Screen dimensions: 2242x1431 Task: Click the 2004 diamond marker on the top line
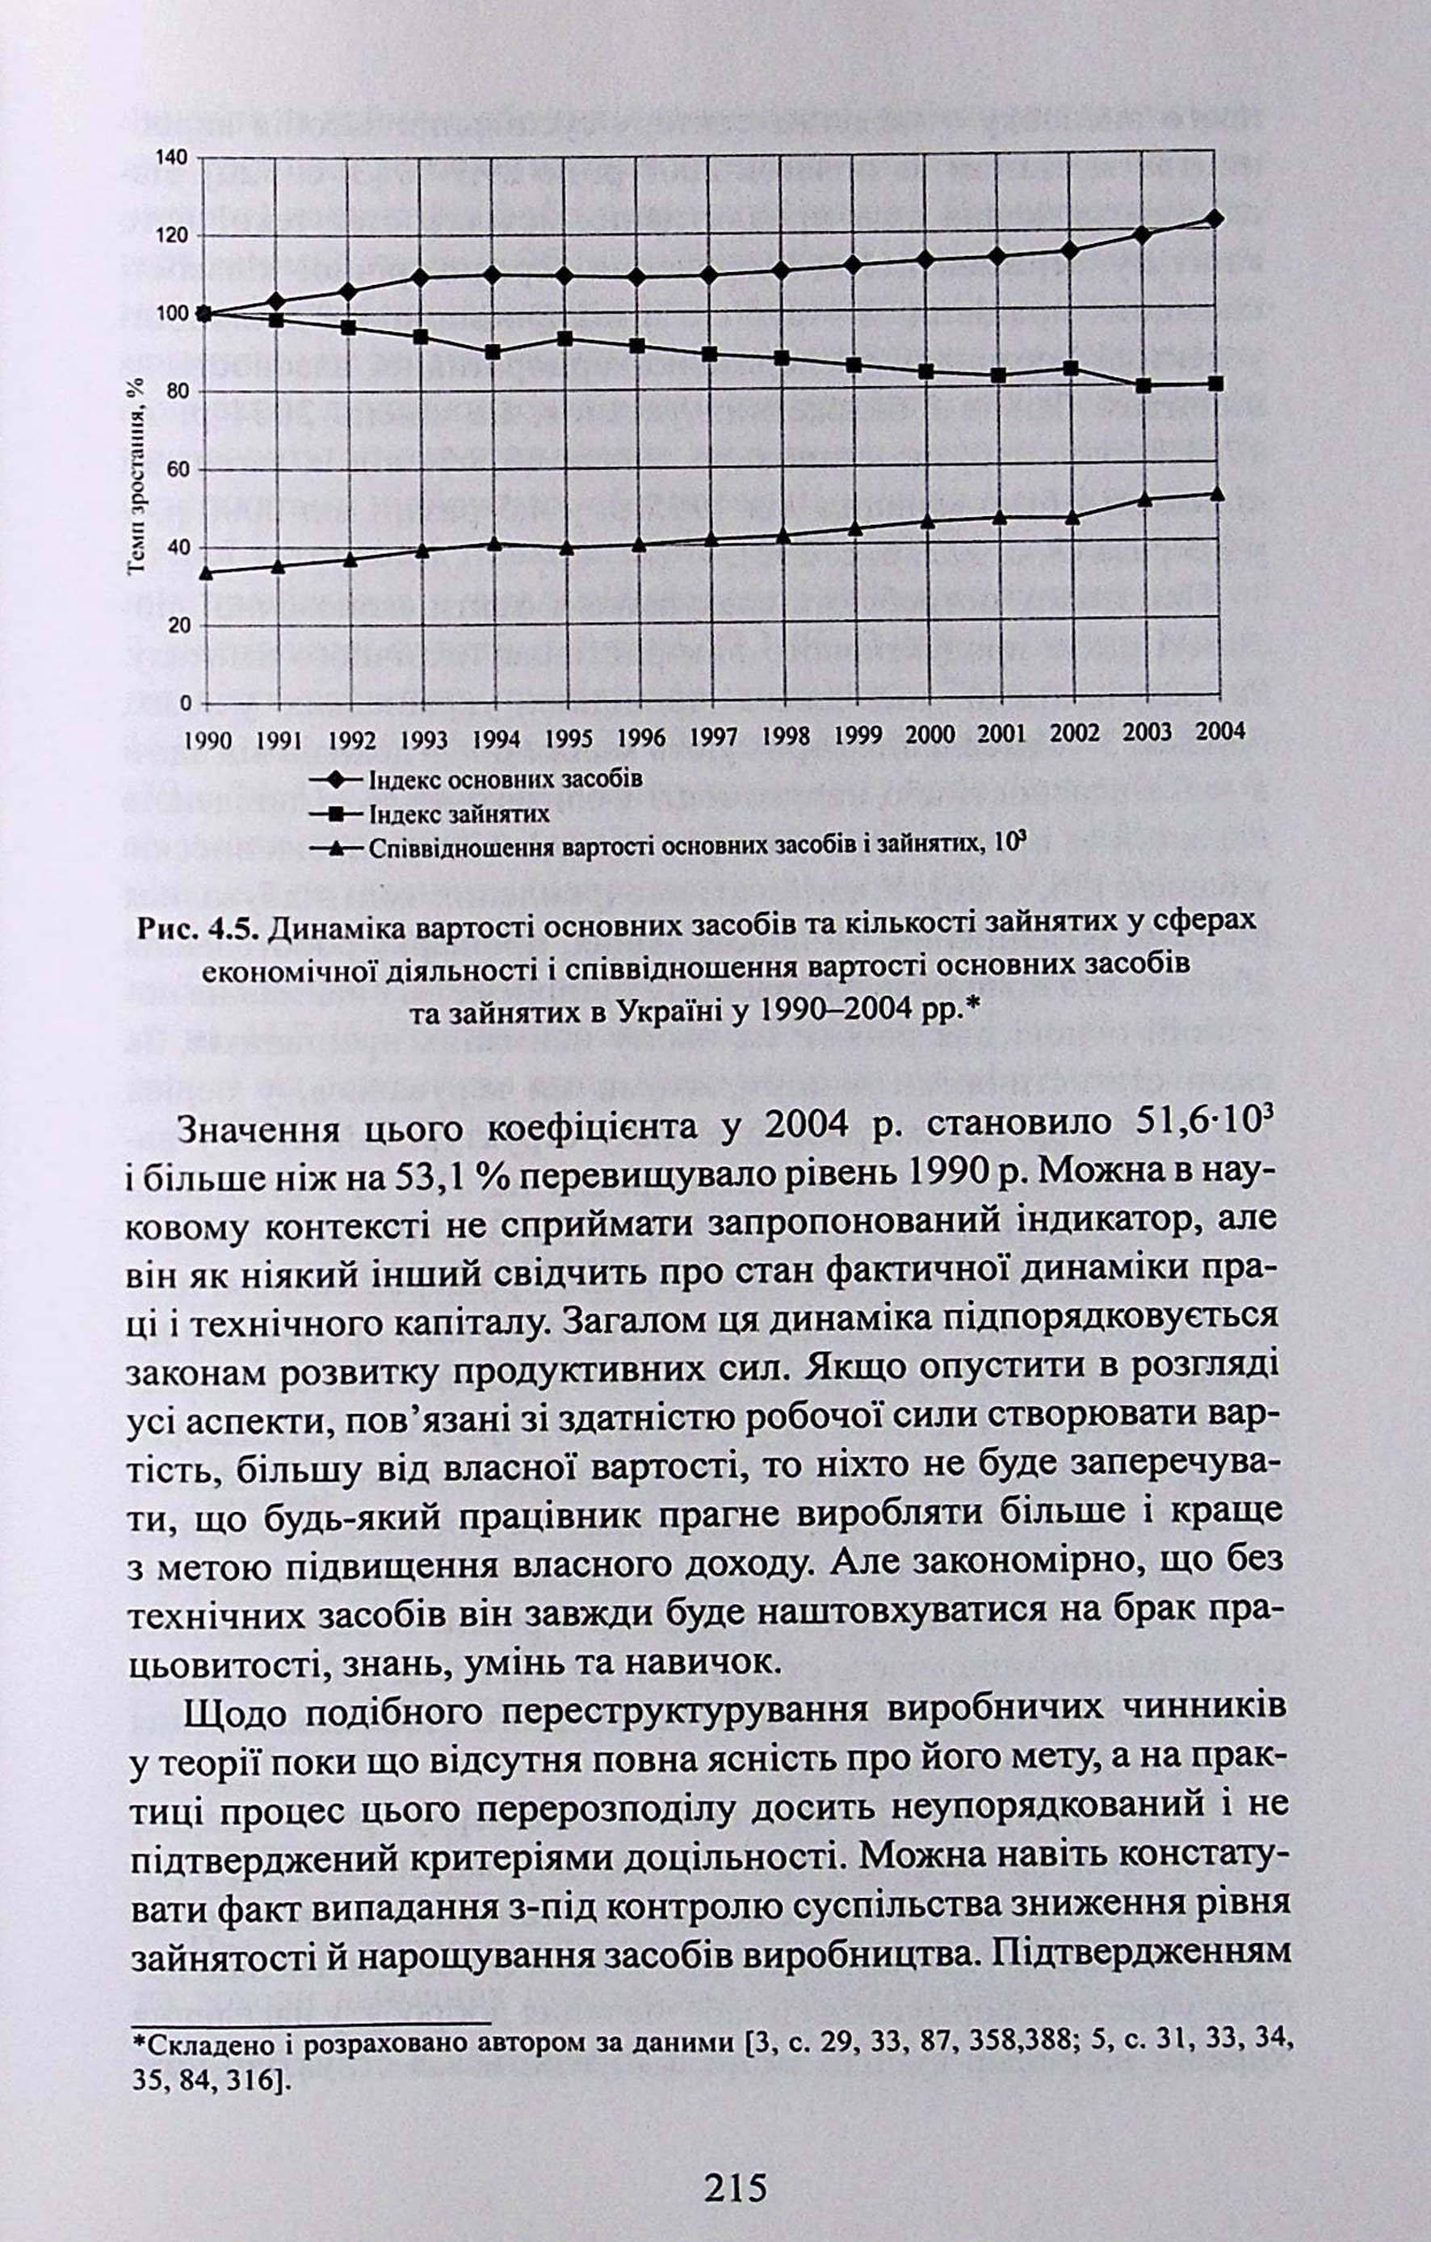coord(1213,219)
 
